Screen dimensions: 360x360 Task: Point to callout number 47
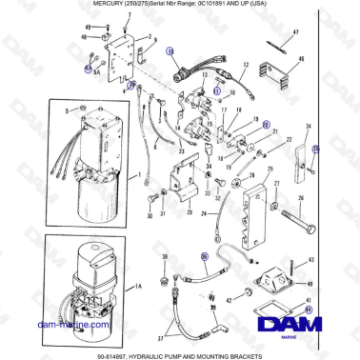point(294,33)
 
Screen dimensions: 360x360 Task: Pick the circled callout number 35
point(317,149)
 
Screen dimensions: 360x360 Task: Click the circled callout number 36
point(203,255)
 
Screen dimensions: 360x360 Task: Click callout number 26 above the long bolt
point(301,200)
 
